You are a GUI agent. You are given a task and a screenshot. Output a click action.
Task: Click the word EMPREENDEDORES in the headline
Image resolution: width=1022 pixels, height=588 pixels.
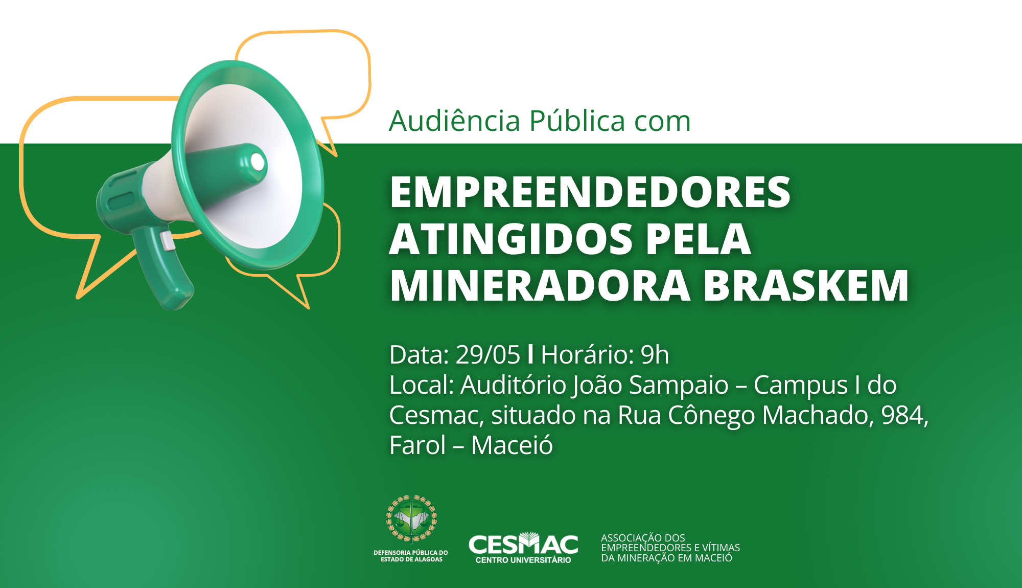point(590,192)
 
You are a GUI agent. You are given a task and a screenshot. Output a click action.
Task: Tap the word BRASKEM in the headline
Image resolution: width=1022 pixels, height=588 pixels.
point(806,286)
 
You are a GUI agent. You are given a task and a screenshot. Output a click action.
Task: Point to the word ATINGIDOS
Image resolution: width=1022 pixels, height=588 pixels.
point(512,239)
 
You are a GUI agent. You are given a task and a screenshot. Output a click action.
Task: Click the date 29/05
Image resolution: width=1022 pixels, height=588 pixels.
point(487,354)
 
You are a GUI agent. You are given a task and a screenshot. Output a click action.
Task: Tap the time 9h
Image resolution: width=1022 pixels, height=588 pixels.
point(655,354)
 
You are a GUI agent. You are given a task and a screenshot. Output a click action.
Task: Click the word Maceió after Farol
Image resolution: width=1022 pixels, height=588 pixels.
point(512,444)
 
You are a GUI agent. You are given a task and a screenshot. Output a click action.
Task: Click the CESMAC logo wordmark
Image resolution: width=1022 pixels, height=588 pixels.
point(523,544)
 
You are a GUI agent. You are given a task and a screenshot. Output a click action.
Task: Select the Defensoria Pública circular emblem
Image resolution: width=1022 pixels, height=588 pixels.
point(411,518)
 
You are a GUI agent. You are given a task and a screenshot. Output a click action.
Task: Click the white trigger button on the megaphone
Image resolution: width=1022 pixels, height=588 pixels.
point(167,241)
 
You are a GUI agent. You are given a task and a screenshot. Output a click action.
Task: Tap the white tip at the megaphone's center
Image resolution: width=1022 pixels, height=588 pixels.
point(258,162)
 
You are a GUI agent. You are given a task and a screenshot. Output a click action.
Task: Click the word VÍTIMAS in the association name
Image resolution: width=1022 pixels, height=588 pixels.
point(721,548)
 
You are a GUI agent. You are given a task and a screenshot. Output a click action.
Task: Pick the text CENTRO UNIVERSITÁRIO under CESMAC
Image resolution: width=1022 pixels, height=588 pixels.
point(523,560)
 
